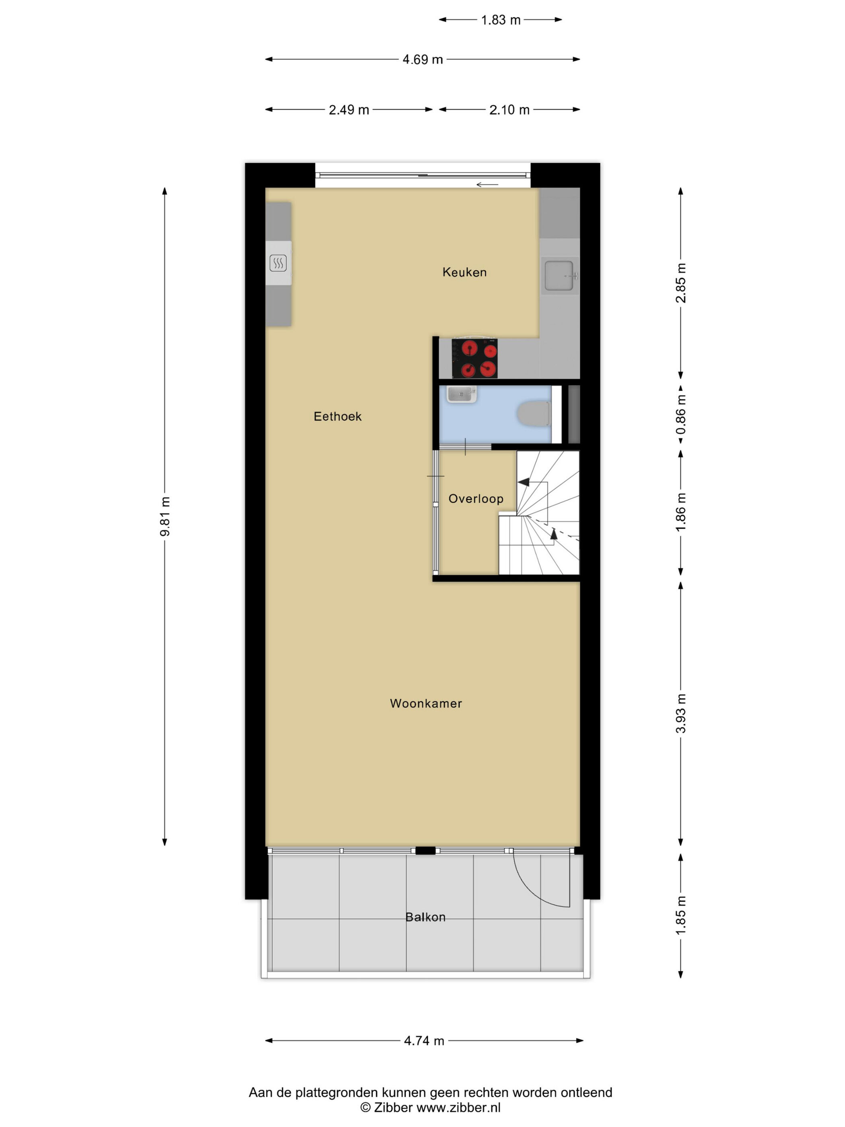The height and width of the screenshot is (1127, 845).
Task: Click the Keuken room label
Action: tap(464, 272)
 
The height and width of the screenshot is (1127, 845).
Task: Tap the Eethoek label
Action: tap(337, 416)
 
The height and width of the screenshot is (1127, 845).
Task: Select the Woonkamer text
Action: tap(426, 703)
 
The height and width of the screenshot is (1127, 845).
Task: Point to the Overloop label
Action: tap(476, 499)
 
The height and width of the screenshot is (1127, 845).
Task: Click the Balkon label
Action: tap(425, 917)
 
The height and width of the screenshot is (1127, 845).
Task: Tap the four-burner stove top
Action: tap(474, 358)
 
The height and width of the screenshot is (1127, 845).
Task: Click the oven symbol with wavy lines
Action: tap(278, 263)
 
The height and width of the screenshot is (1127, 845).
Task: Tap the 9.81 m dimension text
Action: tap(165, 516)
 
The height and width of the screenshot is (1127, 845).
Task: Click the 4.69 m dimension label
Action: tap(422, 60)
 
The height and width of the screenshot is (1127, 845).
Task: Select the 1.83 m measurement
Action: tap(501, 20)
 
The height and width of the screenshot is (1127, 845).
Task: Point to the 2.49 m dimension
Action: tap(349, 109)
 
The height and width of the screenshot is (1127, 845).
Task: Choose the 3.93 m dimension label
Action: tap(681, 713)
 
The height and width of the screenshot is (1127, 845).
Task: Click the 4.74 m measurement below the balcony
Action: tap(424, 1040)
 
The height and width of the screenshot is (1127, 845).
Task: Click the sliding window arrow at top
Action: tap(487, 184)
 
